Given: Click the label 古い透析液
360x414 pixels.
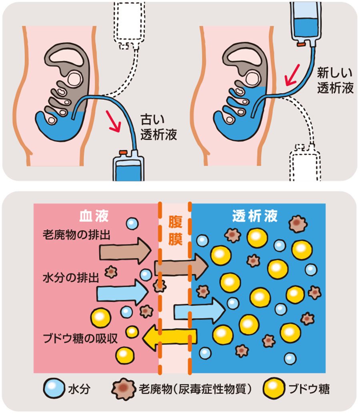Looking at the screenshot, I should click(x=159, y=128).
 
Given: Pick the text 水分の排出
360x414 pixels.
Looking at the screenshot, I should click(x=70, y=277).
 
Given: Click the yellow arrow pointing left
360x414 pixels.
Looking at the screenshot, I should click(x=170, y=337).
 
